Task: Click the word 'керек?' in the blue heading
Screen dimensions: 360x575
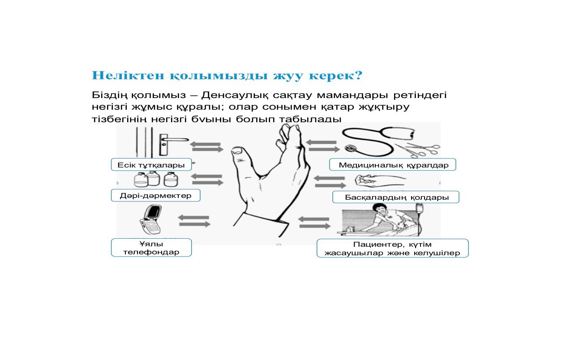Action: [335, 75]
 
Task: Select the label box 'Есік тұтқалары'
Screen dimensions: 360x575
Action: [151, 165]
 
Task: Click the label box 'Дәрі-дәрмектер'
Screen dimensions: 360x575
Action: [155, 195]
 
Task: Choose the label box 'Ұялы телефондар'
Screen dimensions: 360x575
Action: [151, 248]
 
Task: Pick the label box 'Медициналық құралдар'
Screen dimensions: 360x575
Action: [393, 165]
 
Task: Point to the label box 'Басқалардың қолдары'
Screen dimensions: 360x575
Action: [396, 197]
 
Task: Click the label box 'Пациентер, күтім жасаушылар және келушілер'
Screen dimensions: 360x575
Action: [392, 248]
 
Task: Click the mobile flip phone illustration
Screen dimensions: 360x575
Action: [150, 219]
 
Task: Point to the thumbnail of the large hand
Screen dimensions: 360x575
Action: [237, 151]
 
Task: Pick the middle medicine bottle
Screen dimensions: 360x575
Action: [154, 179]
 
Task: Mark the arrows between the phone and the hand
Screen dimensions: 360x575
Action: [194, 221]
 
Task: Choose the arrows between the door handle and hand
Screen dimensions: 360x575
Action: [206, 147]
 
